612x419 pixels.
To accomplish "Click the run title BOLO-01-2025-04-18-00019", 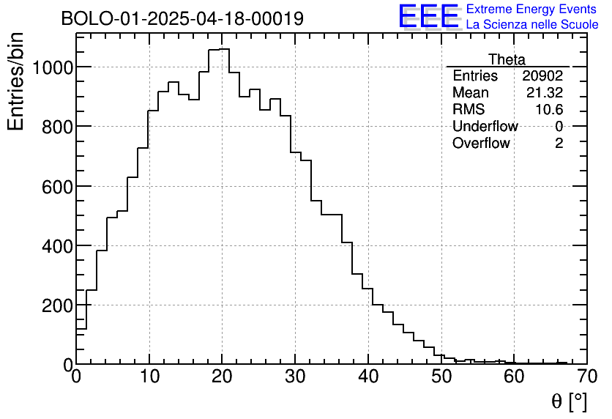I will pos(182,19).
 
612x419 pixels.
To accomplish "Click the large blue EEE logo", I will pos(429,17).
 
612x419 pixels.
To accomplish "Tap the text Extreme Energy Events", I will pos(531,10).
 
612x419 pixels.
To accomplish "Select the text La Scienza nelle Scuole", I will pos(531,25).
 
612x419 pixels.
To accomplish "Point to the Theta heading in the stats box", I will pos(507,60).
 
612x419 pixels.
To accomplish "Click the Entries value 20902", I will pos(542,76).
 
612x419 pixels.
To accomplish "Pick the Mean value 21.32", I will pos(545,93).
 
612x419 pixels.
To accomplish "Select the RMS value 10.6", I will pos(548,110).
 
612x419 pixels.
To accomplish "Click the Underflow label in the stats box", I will pos(485,127).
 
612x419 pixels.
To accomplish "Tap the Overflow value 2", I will pos(559,144).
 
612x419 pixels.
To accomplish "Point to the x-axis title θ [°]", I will pos(569,401).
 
